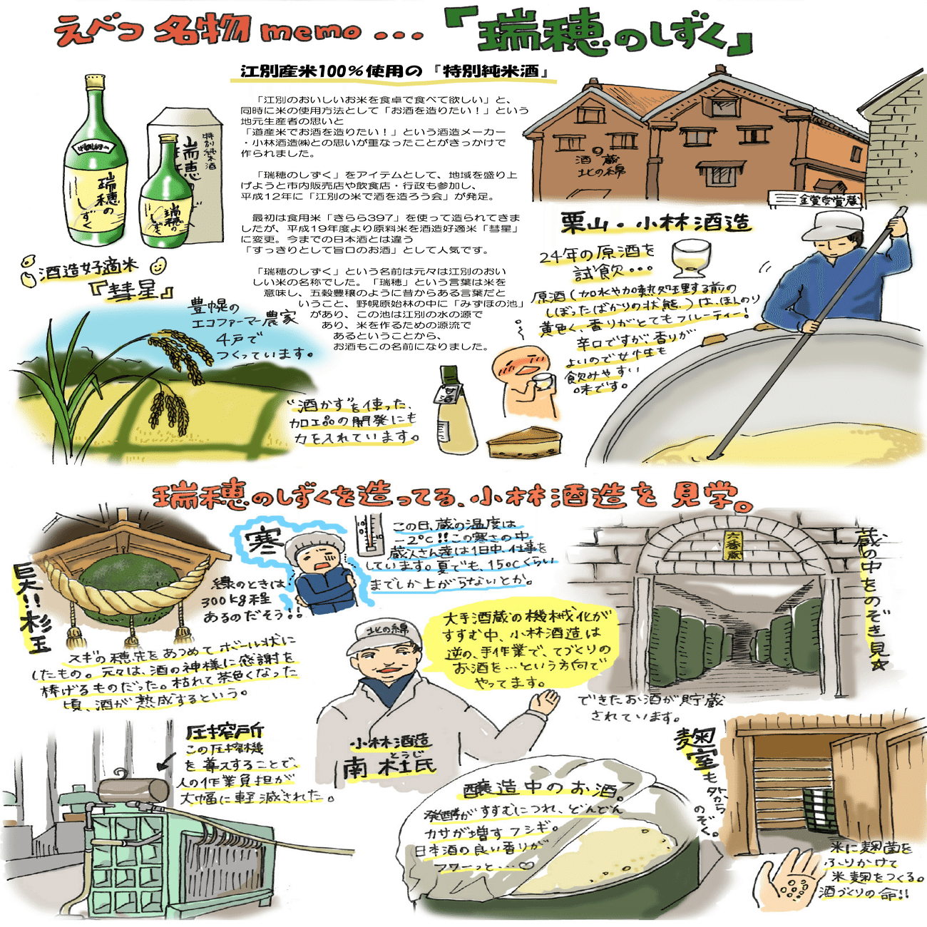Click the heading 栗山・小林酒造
[655, 222]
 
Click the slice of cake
[524, 443]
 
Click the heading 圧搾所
[224, 731]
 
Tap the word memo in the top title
[311, 32]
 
